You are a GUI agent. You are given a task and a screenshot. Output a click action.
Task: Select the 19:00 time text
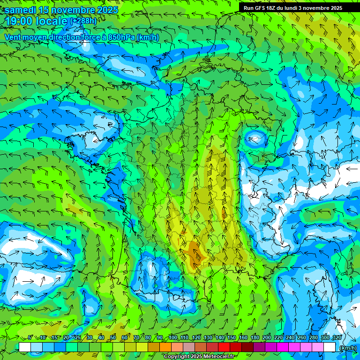click(x=20, y=21)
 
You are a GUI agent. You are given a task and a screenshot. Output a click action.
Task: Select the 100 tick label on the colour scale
click(x=172, y=338)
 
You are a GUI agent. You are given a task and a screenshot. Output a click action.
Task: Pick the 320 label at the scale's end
click(x=337, y=338)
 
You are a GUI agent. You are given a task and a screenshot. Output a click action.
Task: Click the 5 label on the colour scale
click(x=30, y=338)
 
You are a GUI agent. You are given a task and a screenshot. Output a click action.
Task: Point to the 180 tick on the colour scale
click(x=255, y=338)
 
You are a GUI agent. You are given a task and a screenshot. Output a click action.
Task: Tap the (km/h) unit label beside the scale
click(x=347, y=347)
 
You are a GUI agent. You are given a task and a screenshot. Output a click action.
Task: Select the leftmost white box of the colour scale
click(x=25, y=347)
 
